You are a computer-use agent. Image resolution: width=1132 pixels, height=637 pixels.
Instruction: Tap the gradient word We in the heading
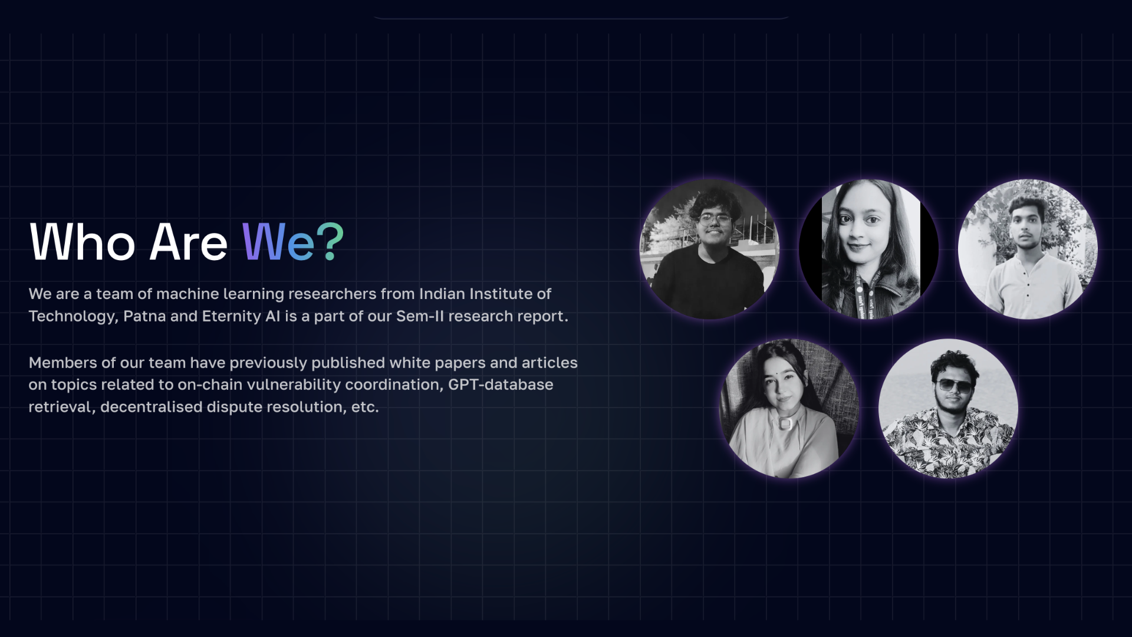click(x=278, y=242)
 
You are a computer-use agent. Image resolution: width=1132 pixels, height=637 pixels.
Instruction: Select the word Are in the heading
click(x=189, y=242)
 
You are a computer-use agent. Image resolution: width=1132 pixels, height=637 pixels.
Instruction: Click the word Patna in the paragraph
click(x=144, y=316)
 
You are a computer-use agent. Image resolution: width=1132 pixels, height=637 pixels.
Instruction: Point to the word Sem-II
click(x=420, y=316)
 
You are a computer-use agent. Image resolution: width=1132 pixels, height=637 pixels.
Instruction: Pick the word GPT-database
click(x=501, y=385)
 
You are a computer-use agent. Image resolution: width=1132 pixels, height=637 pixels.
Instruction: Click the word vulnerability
click(x=294, y=385)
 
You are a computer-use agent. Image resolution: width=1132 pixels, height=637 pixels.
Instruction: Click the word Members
click(x=62, y=363)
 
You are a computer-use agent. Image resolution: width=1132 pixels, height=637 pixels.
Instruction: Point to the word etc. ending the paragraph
click(x=365, y=408)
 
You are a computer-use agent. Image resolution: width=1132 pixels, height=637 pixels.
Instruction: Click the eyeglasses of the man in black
click(x=715, y=220)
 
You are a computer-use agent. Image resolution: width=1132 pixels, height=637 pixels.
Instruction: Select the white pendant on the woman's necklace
click(x=785, y=423)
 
